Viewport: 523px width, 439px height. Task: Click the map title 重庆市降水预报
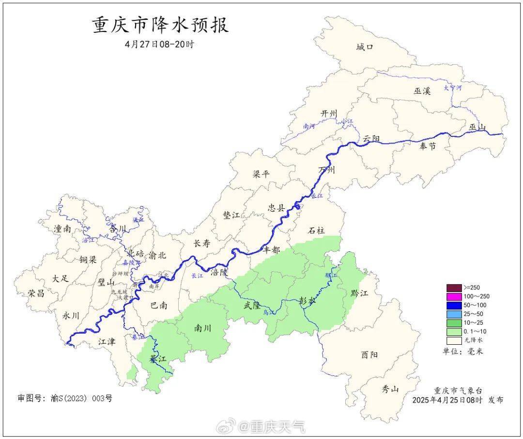(160, 25)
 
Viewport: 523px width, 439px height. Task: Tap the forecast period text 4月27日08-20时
(159, 44)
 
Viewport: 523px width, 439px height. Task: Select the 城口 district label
(365, 47)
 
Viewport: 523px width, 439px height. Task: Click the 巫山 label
(477, 127)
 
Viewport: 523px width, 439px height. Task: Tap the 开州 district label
(328, 113)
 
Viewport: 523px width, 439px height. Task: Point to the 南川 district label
(202, 328)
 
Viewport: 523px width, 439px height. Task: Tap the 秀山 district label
(390, 388)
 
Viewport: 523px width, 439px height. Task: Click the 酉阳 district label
(369, 354)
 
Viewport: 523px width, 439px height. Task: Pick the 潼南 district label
(63, 229)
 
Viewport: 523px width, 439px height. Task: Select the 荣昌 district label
(36, 293)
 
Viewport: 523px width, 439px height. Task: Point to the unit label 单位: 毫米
(463, 351)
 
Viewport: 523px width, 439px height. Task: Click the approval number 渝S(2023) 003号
(65, 398)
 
